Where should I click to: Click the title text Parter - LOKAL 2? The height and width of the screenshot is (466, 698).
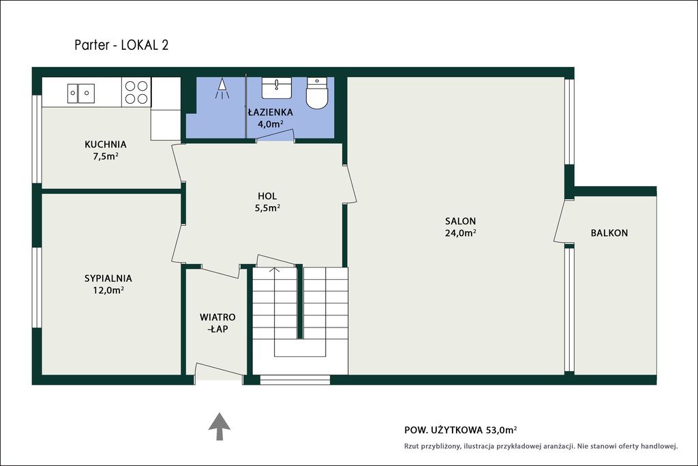(121, 45)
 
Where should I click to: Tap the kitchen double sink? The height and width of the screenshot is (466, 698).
(81, 93)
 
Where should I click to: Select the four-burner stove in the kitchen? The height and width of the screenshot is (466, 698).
(136, 92)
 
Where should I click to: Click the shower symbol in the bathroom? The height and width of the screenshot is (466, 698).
(222, 89)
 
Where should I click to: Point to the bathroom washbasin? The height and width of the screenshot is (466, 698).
(277, 88)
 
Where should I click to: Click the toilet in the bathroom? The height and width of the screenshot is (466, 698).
(317, 93)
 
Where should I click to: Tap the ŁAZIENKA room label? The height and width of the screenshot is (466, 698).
(270, 113)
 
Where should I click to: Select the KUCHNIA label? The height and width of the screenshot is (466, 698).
(106, 145)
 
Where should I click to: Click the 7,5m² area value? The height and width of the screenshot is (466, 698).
(106, 156)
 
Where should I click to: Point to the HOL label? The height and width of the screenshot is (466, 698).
(267, 196)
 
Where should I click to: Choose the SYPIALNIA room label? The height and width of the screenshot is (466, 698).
(108, 278)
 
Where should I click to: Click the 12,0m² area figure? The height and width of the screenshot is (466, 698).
(108, 291)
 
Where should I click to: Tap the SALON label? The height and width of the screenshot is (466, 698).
(460, 221)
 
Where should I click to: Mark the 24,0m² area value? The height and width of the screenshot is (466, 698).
(460, 233)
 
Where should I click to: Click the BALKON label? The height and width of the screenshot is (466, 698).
(609, 233)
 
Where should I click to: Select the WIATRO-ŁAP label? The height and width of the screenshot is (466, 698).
(217, 323)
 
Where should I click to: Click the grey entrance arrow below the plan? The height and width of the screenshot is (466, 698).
(219, 426)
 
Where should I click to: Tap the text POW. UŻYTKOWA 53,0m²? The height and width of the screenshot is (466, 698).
(461, 430)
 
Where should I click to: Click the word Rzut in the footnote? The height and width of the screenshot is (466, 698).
(411, 446)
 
